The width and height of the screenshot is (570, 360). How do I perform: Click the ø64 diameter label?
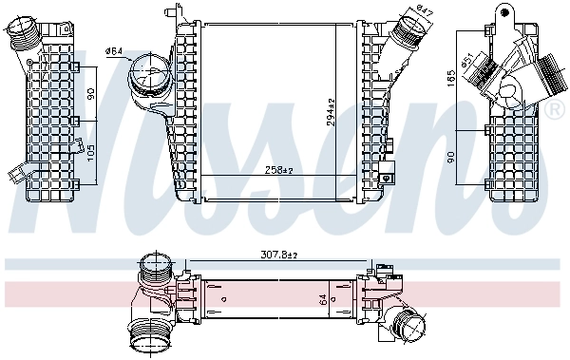pyautogui.click(x=113, y=50)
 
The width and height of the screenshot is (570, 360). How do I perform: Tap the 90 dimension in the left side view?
pyautogui.click(x=92, y=96)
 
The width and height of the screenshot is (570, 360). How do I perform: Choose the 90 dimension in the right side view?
pyautogui.click(x=454, y=154)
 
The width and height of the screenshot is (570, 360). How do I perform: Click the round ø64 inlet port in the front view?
pyautogui.click(x=145, y=71)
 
